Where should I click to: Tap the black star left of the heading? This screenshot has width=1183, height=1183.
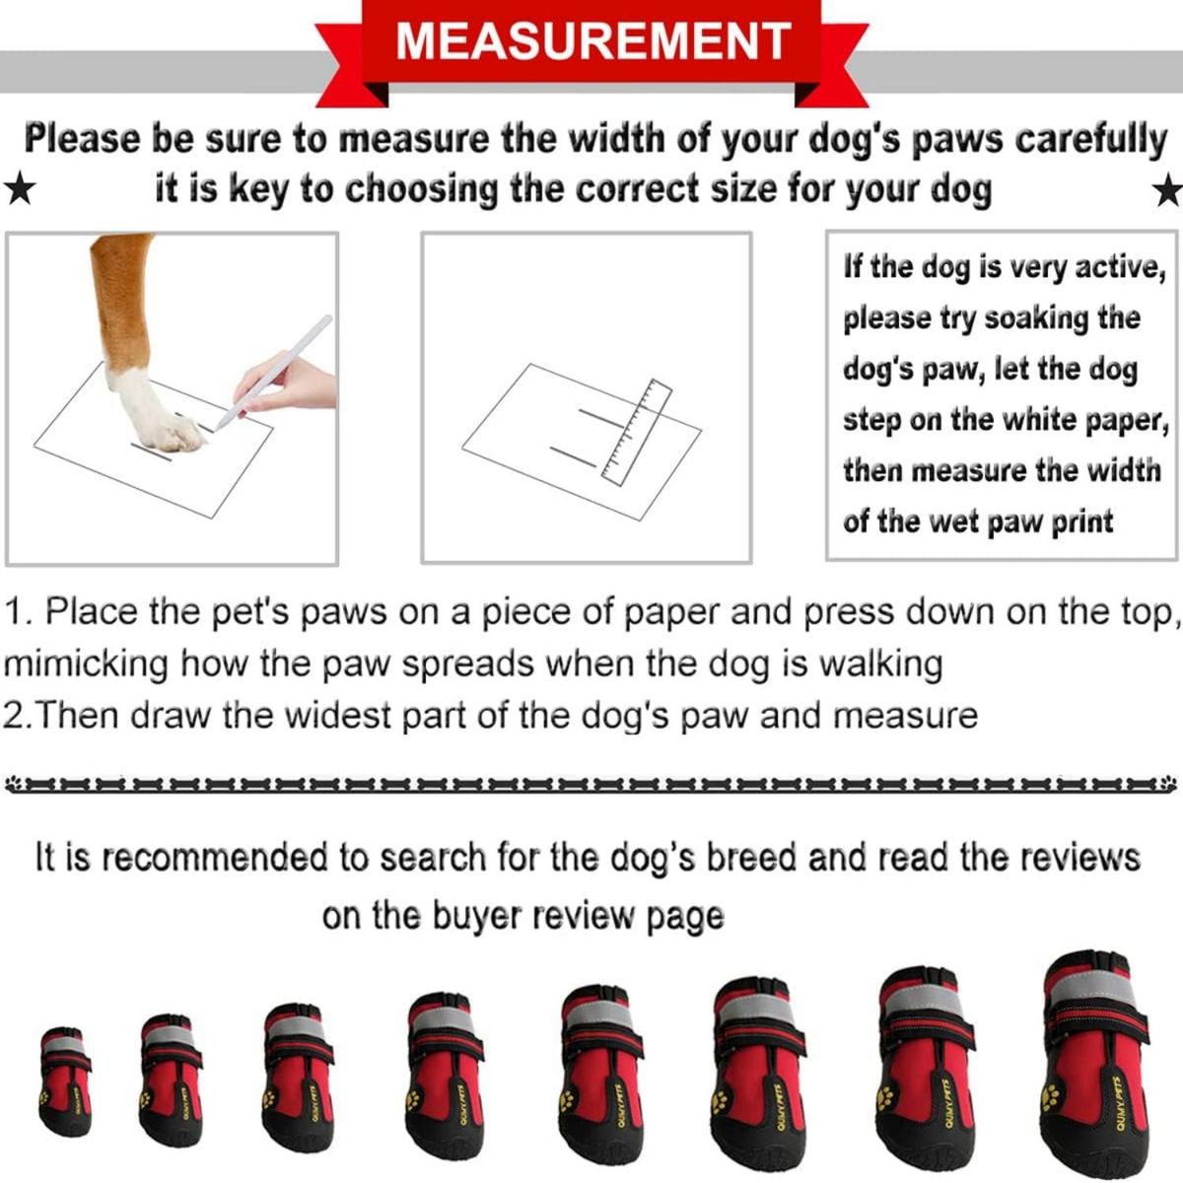18,188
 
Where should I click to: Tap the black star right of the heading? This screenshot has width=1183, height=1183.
1168,190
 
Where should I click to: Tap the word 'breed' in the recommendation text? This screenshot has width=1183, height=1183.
748,858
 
